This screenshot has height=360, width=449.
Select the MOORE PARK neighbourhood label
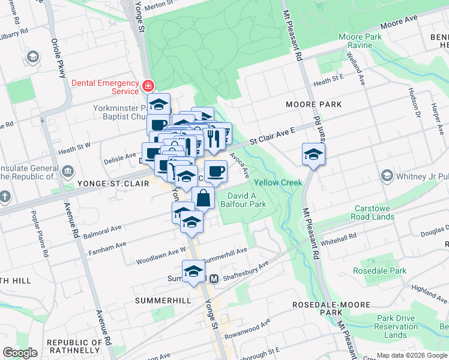coord(315,104)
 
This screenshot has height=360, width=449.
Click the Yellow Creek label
coord(278,182)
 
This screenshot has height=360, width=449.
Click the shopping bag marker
coord(203,198)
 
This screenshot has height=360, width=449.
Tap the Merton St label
coord(175,4)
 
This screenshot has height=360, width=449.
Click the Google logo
coord(20,353)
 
